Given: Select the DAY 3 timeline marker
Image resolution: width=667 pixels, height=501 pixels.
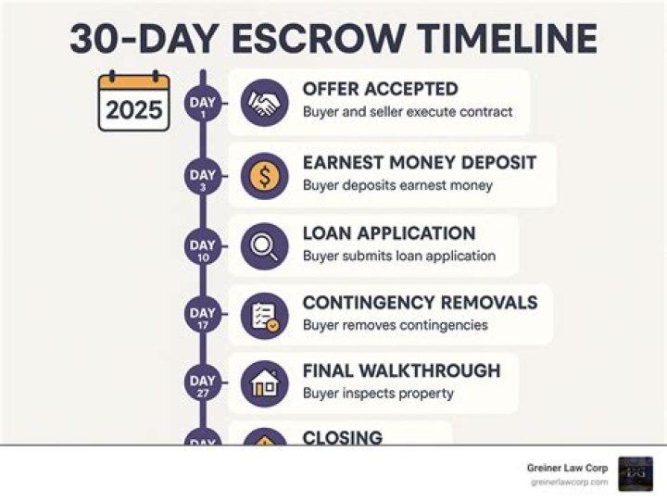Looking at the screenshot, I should click(202, 178).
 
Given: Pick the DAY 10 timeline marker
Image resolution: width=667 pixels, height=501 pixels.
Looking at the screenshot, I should click(202, 248).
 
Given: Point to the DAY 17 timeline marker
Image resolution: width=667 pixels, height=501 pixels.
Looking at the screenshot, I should click(202, 317).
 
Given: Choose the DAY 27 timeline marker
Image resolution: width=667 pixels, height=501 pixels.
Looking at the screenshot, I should click(202, 384).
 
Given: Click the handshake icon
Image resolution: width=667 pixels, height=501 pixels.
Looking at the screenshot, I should click(264, 102).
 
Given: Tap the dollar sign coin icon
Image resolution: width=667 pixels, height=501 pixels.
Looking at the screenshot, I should click(264, 176).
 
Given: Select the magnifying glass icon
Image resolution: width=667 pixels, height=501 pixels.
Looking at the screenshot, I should click(264, 245).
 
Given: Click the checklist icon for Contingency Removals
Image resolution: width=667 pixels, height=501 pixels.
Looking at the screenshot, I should click(264, 315).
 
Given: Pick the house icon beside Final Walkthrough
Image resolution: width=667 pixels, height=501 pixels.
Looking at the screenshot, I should click(264, 383).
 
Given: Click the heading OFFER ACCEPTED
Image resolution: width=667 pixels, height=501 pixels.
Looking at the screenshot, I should click(380, 90).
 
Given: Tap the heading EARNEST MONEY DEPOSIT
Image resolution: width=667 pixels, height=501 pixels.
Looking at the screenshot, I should click(419, 163).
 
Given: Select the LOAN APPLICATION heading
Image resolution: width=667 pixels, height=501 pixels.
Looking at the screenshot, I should click(389, 233).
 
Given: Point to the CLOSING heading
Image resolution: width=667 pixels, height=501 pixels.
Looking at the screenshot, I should click(342, 437).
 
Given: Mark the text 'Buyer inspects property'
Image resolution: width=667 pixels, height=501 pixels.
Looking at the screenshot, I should click(378, 394).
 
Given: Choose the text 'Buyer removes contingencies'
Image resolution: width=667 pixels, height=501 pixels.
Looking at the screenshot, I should click(395, 325).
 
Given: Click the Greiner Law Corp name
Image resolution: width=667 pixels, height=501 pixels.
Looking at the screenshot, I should click(566, 469).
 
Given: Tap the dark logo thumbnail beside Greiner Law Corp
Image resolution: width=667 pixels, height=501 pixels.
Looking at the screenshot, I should click(636, 473).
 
